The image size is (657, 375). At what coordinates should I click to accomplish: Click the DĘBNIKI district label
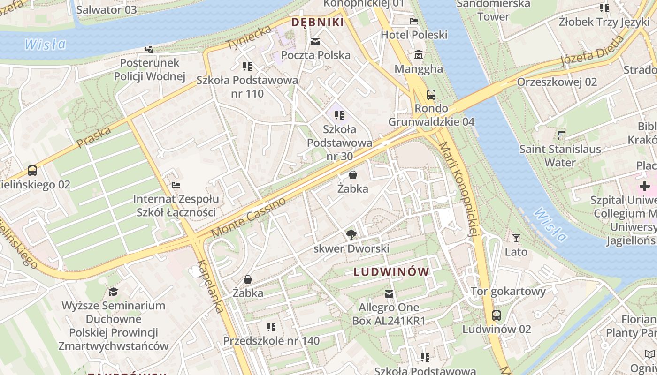point(318,22)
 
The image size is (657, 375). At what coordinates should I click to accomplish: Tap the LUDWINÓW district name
point(391,272)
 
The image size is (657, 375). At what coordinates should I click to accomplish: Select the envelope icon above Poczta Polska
point(315,42)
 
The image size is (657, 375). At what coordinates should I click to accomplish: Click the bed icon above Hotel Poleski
point(414,21)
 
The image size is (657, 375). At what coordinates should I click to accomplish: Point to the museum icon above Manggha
point(419,55)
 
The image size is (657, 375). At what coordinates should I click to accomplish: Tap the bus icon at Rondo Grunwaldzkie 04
point(431,95)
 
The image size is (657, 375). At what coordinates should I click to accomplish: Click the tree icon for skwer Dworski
point(351,235)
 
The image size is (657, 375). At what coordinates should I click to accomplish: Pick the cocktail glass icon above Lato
point(516,238)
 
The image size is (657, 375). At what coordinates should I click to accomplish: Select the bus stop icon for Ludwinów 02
point(497,315)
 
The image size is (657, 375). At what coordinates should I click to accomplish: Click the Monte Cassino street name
point(248,217)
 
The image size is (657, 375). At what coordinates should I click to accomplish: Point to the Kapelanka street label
point(210,286)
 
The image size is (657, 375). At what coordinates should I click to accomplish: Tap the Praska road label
point(93,136)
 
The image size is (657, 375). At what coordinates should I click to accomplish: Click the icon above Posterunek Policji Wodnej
point(149,49)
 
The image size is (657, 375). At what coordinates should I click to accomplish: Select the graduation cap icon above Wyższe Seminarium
point(113,292)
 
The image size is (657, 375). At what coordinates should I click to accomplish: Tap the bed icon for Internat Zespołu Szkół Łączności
point(176,185)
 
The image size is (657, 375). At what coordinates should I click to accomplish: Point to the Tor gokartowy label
point(508,292)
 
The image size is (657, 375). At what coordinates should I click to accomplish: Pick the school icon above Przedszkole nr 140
point(271,327)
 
